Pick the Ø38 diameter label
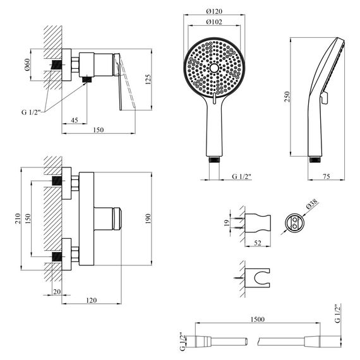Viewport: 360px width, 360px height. tap(311, 205)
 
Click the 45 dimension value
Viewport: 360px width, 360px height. tap(75, 121)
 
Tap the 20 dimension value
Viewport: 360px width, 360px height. tap(57, 291)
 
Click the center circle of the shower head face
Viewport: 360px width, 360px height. tap(215, 68)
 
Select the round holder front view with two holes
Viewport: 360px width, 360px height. tap(294, 222)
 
